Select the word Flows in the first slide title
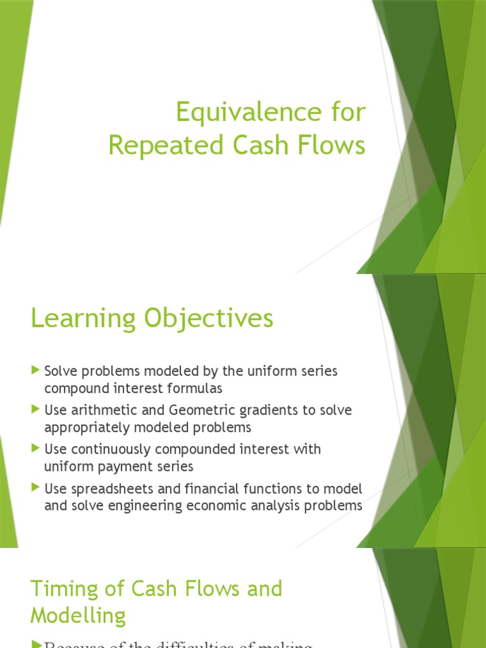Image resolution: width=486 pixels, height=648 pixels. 336,145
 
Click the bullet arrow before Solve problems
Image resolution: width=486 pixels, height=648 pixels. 35,370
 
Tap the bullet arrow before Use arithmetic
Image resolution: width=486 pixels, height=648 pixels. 35,409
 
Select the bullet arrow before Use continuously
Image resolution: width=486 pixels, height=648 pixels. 35,449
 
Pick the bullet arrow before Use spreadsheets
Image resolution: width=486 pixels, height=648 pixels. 35,488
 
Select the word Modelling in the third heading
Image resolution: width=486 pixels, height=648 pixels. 78,616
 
